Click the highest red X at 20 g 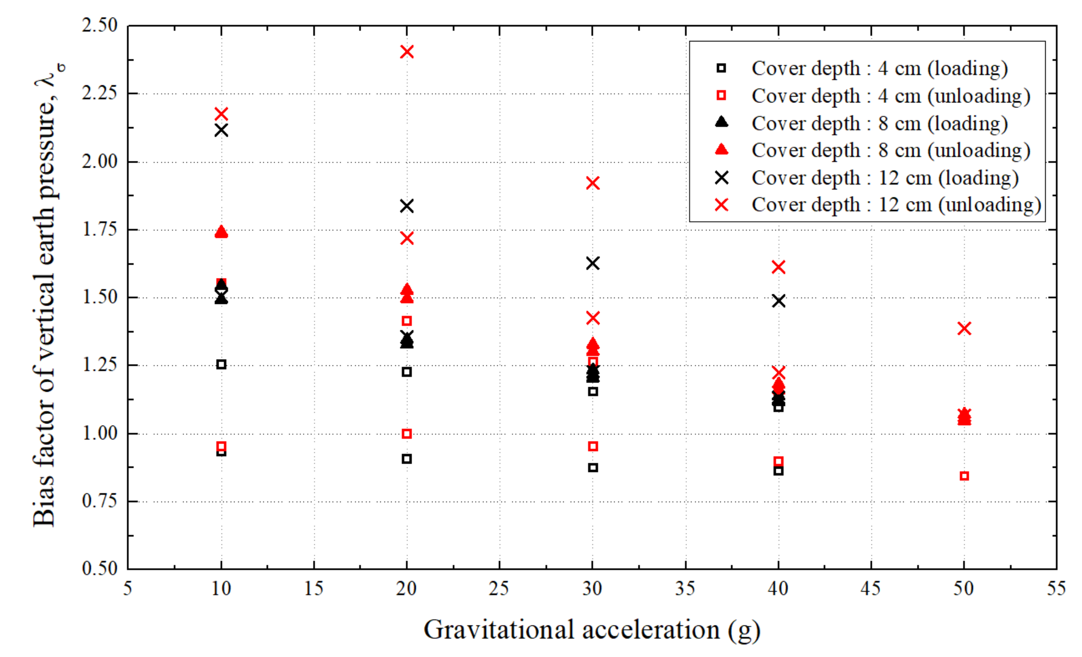click(407, 52)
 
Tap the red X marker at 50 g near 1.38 click(964, 328)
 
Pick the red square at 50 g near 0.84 click(964, 476)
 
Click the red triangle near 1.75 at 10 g click(221, 232)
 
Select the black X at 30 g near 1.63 click(593, 264)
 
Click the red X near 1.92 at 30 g click(593, 183)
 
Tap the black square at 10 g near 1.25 click(221, 364)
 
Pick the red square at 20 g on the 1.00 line click(407, 434)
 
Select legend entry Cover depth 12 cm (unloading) click(896, 205)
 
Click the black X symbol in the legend click(721, 178)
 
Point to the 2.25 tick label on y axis click(100, 93)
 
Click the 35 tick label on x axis click(685, 588)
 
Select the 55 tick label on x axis click(1056, 588)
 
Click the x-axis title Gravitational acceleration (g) click(591, 630)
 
